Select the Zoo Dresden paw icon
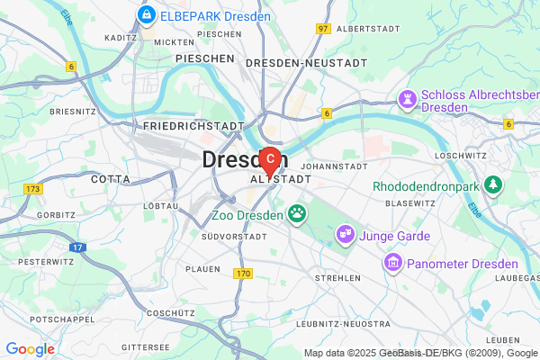296,215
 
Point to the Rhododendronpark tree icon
492,185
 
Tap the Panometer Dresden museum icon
392,263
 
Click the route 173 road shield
34,189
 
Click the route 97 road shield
323,29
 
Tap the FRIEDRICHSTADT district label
193,127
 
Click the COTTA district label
111,179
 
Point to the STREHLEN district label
337,278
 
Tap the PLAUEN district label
202,268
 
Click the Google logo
30,349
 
